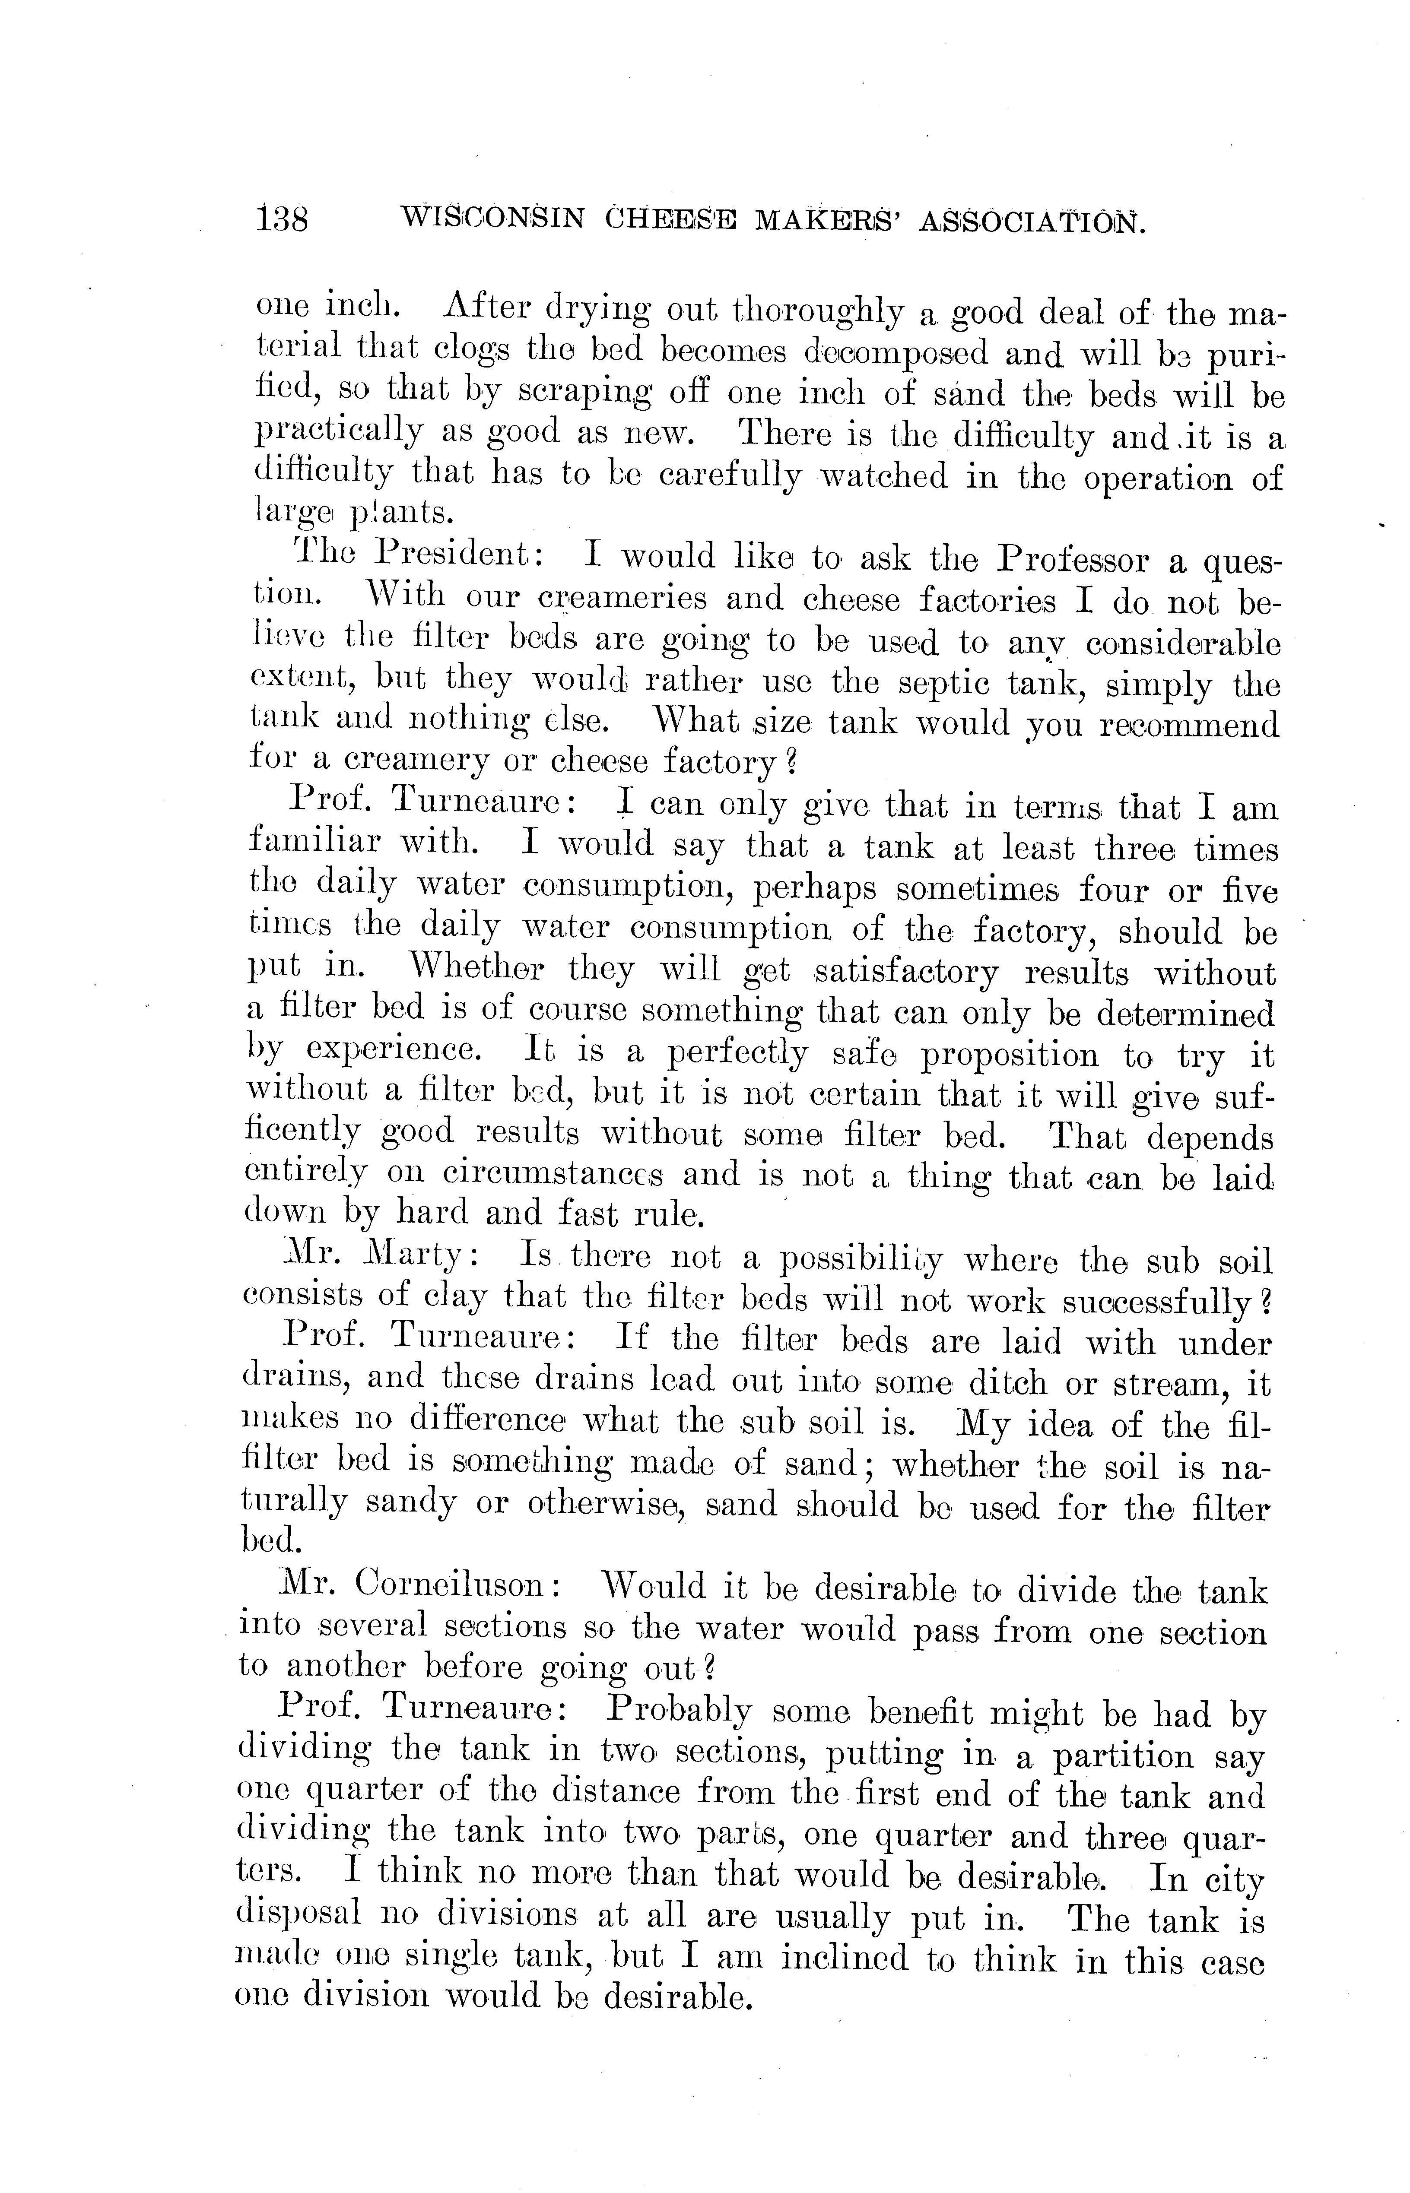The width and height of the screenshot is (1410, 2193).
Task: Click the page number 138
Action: coord(283,221)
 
